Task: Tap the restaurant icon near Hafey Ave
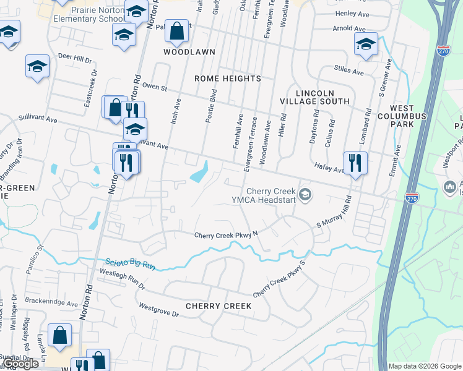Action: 355,163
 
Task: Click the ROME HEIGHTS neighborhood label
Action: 228,79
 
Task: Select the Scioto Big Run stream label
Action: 129,265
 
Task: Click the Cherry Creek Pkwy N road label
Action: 225,235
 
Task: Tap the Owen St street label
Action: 155,87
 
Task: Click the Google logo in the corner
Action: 20,364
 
